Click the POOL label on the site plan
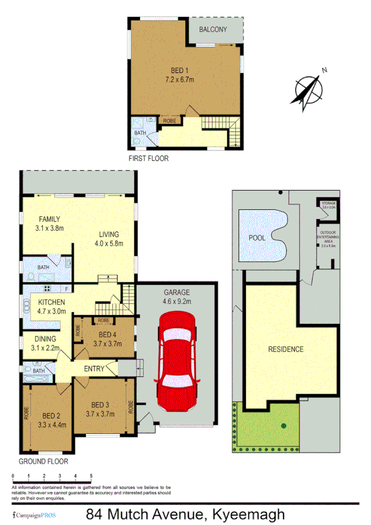(256, 238)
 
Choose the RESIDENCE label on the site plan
(286, 349)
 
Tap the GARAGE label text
(177, 292)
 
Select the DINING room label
(45, 339)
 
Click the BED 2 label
(55, 415)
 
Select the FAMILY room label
(50, 219)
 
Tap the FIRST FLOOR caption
(148, 158)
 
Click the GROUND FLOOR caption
(43, 461)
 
